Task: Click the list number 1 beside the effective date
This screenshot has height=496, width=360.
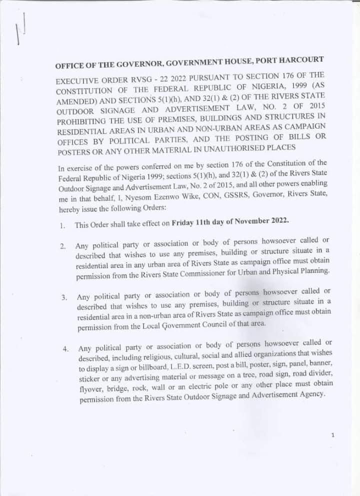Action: [62, 226]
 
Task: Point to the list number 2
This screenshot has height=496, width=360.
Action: [63, 247]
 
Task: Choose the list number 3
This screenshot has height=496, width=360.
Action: [64, 298]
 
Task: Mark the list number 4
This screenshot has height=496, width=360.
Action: [66, 349]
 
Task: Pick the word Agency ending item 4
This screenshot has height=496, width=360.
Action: [311, 394]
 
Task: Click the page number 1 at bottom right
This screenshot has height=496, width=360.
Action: [332, 435]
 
